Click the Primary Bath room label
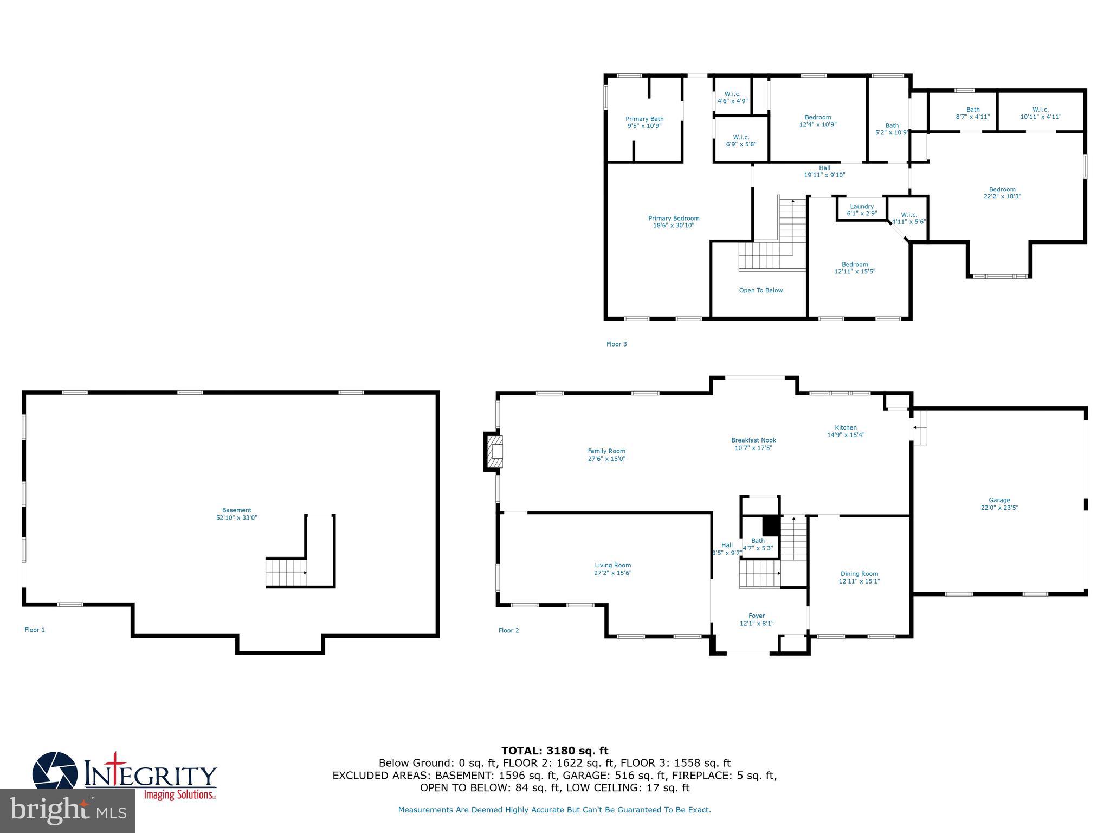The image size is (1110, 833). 644,119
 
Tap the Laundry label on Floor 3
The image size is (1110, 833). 862,206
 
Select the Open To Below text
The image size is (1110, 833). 760,290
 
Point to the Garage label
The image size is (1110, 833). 999,500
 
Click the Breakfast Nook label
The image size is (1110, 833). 753,440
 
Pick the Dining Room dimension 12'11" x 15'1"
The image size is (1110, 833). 859,581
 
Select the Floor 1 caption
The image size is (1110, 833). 35,630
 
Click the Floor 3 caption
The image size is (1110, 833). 616,344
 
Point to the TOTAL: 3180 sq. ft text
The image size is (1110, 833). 554,751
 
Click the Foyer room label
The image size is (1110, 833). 757,616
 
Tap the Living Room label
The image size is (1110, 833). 612,565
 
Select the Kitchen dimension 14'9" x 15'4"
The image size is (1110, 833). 846,434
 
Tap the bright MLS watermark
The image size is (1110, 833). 68,810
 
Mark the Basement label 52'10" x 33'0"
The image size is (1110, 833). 236,517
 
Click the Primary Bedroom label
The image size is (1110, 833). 674,218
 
